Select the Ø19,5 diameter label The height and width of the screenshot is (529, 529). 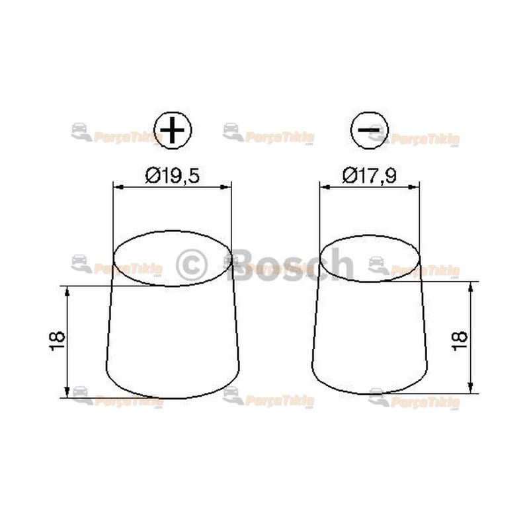tap(172, 176)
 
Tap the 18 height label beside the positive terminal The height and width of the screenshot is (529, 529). tap(58, 340)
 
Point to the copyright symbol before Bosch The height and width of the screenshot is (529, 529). tap(192, 264)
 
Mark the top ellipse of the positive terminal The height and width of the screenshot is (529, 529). tap(172, 259)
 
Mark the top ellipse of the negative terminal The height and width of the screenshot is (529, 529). tap(369, 259)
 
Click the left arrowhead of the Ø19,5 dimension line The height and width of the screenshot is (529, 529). tap(117, 187)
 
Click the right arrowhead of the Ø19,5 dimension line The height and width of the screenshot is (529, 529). tap(227, 187)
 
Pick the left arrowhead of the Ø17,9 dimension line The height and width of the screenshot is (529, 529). tap(323, 187)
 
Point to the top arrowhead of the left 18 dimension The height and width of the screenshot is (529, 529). tap(67, 290)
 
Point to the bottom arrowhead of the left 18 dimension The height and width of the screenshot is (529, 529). tap(67, 393)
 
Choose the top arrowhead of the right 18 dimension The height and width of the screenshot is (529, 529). tap(470, 286)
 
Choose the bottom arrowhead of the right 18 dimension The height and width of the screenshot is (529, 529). tap(470, 389)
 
